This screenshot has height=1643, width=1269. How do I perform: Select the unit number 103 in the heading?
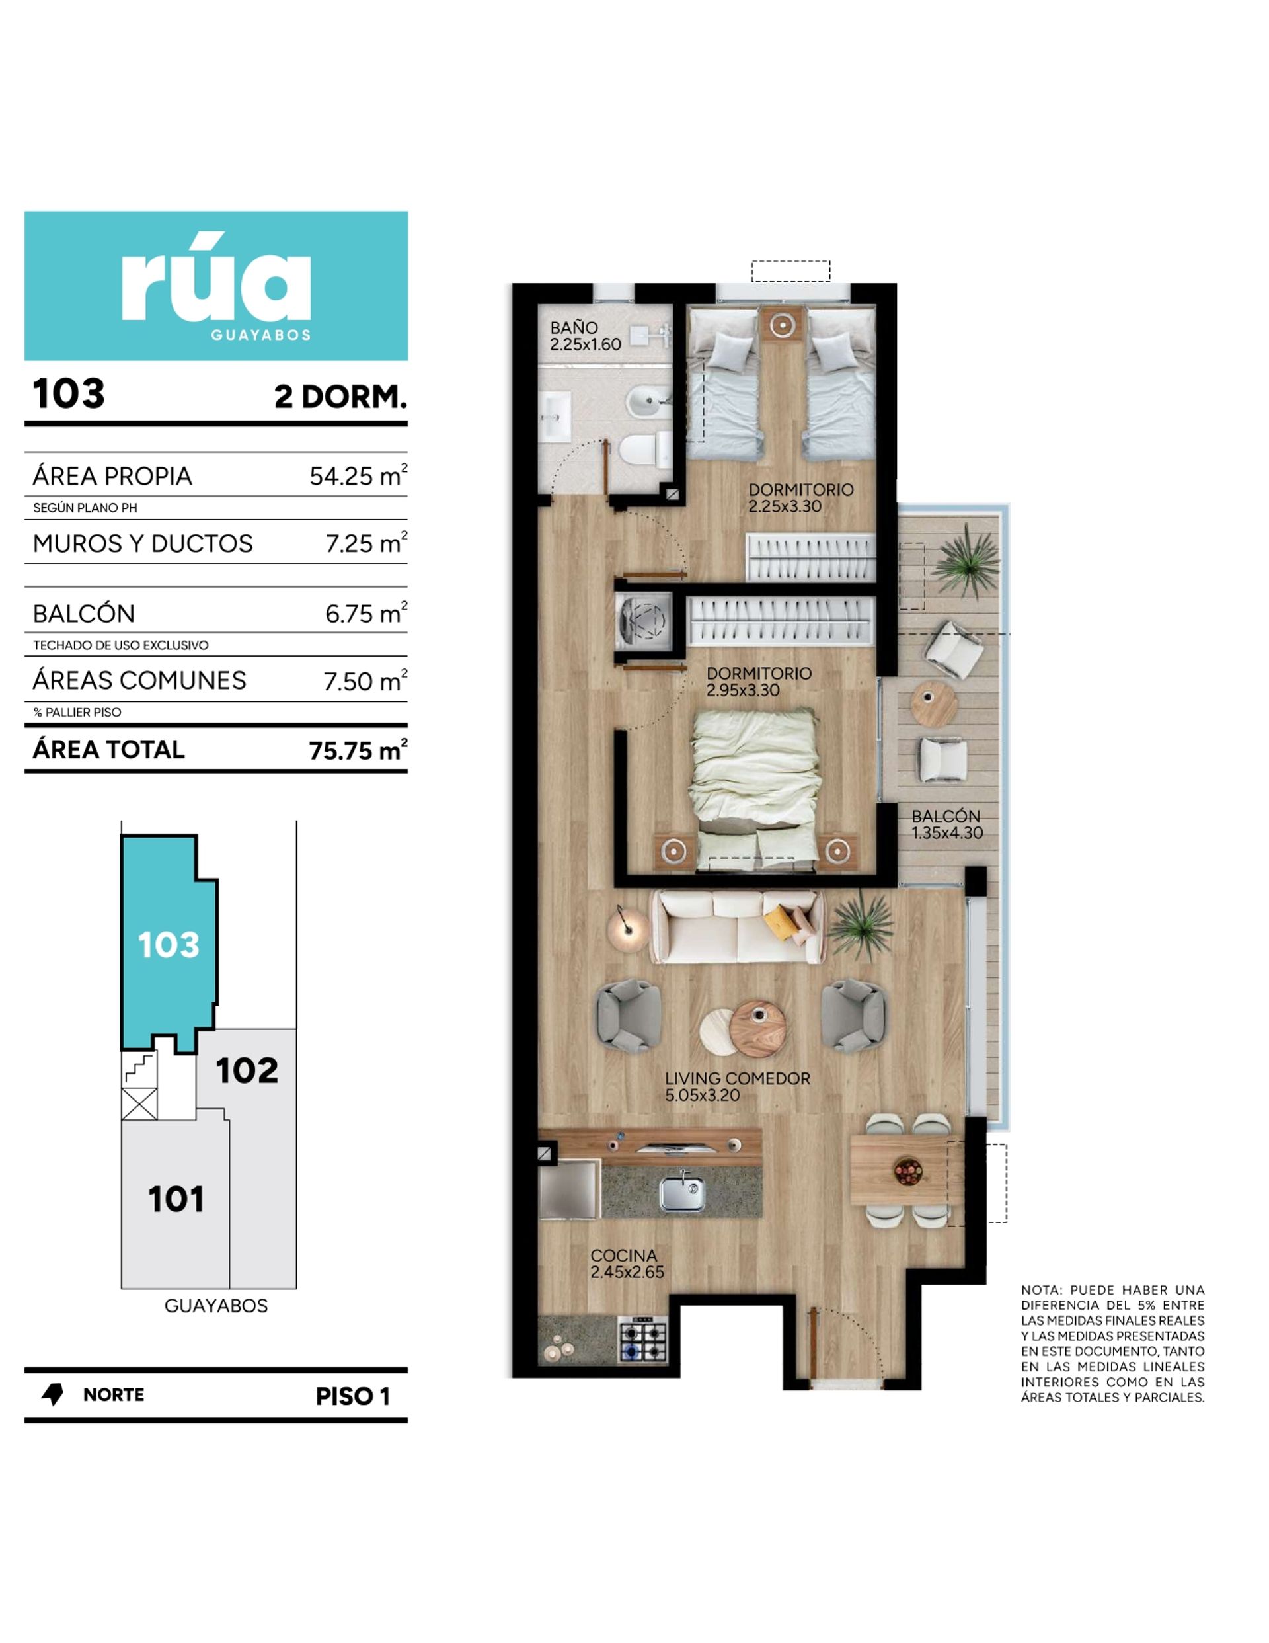point(69,393)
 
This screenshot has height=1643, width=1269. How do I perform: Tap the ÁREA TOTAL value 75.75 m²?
point(358,750)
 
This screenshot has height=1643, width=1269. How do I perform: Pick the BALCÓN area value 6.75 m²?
point(365,613)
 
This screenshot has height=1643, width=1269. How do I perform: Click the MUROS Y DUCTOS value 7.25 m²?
point(366,543)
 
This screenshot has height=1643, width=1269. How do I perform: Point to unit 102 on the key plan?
point(247,1070)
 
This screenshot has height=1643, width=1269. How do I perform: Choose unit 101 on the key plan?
point(176,1199)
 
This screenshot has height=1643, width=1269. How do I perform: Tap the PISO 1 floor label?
point(352,1396)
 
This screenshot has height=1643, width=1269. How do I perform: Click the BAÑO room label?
point(574,328)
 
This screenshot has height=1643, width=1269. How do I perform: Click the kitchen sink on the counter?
point(681,1192)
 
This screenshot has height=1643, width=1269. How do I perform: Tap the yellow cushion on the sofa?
point(780,922)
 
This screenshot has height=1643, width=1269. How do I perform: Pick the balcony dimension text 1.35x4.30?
point(947,833)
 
